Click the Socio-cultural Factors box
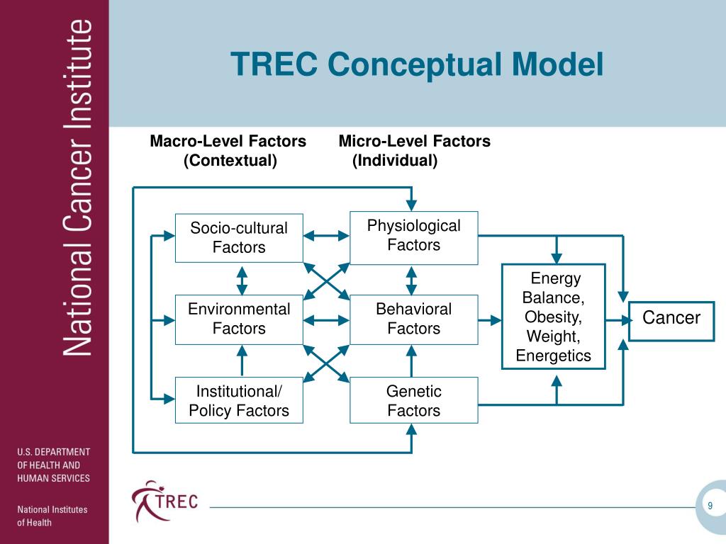coord(239,237)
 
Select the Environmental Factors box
coord(239,319)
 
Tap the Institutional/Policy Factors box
coord(239,401)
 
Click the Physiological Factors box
coord(413,236)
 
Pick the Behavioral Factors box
coord(413,319)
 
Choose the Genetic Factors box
coord(413,401)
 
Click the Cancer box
coord(671,319)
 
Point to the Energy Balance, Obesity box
coord(553,317)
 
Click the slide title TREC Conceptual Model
coord(417,65)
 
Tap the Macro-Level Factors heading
coord(228,151)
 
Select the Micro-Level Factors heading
coord(414,151)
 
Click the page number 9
coord(710,505)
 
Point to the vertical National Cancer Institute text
coord(79,188)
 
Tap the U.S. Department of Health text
coord(54,465)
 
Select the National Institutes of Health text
coord(52,516)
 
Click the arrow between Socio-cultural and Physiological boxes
coord(326,237)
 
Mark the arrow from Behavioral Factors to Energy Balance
coord(490,320)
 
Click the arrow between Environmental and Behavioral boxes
coord(326,320)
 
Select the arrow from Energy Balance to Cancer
coord(618,320)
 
